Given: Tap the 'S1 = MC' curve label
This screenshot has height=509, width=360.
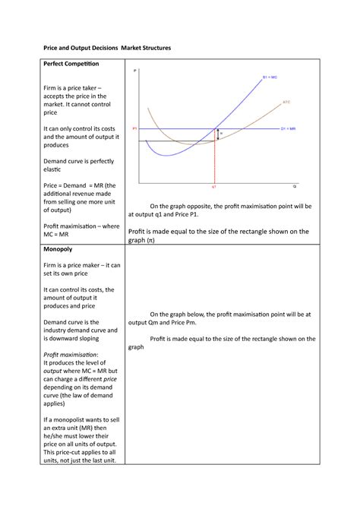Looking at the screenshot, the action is tap(270, 77).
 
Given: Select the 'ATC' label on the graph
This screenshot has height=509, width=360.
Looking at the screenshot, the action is tap(286, 102).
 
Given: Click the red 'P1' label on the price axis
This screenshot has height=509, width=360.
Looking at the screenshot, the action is tap(134, 129).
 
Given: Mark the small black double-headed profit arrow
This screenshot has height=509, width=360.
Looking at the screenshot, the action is tap(218, 134).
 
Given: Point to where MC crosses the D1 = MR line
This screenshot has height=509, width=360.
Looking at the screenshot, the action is tap(216, 128).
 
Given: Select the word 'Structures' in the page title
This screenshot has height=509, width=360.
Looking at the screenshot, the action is tap(151, 48).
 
